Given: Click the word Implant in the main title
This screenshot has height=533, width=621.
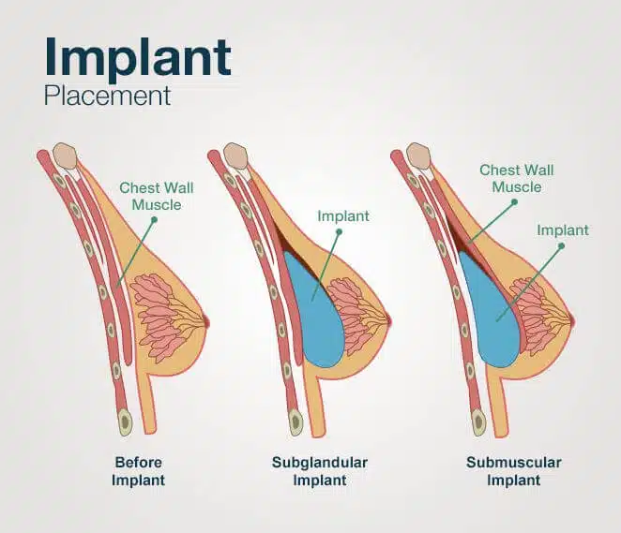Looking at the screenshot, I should point(138,58).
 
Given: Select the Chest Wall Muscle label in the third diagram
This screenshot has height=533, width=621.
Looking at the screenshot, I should point(517,177).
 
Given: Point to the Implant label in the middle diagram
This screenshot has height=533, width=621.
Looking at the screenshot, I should point(343,217).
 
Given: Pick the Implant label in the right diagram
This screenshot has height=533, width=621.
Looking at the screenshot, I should point(563,229).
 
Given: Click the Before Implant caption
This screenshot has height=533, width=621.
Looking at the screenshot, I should point(140,470).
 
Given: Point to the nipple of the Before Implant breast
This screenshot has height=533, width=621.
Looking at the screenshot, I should point(207,322).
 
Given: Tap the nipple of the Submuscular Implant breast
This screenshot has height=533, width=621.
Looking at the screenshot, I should point(571,322).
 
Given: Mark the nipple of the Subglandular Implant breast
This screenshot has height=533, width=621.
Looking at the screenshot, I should point(389,322).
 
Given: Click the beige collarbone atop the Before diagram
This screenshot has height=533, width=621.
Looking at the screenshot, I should point(65,155).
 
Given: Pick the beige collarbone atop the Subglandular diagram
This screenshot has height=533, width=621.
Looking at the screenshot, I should point(236,155).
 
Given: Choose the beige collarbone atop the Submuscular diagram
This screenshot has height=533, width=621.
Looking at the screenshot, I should point(419,155).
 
